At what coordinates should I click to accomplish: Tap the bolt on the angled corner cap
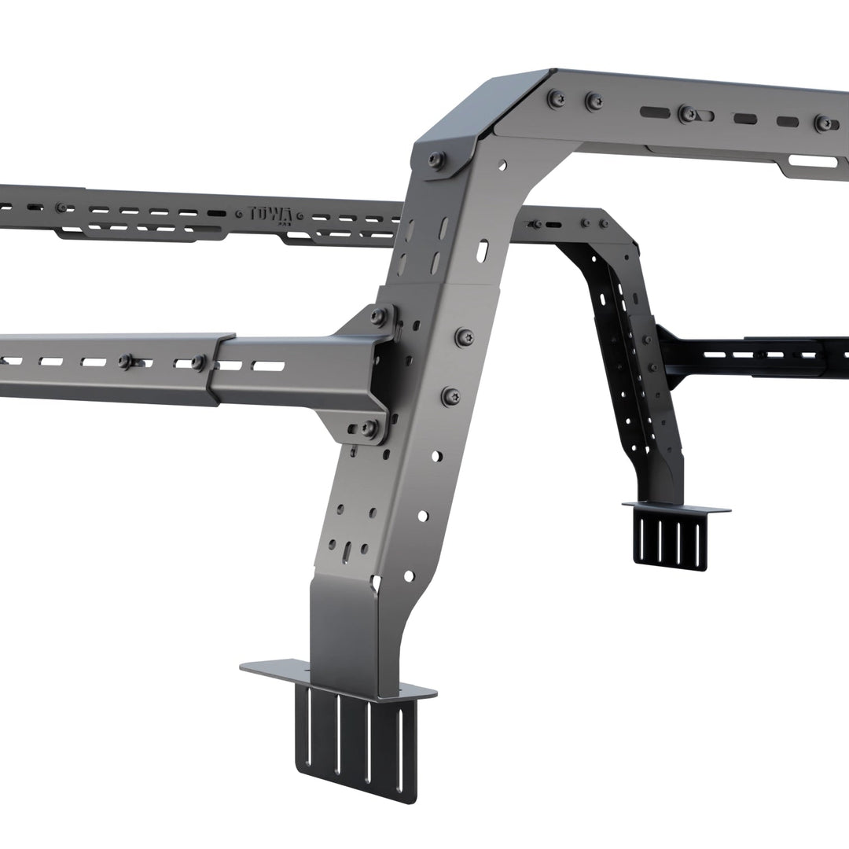(x=436, y=159)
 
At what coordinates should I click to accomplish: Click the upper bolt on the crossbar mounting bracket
(x=379, y=317)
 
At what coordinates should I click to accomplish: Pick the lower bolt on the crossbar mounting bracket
(x=368, y=428)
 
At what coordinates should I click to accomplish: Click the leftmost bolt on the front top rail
(x=557, y=98)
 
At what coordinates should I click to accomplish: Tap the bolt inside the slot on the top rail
(x=688, y=113)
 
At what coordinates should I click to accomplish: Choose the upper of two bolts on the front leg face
(x=464, y=337)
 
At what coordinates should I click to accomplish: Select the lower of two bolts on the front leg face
(x=451, y=396)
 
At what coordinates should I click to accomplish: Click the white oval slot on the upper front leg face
(x=482, y=251)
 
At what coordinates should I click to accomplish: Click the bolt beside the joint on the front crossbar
(x=198, y=362)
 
